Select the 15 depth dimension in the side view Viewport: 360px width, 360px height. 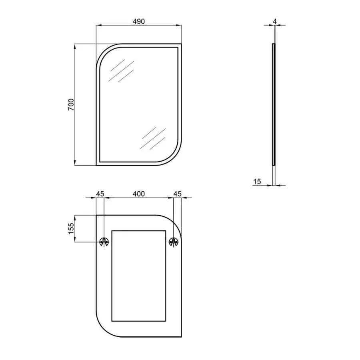257,182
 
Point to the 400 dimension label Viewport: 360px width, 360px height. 138,194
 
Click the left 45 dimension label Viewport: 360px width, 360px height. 100,194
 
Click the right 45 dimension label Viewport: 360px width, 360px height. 178,194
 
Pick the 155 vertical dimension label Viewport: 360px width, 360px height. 71,228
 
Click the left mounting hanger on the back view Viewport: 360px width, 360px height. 104,242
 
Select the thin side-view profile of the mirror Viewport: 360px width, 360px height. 274,104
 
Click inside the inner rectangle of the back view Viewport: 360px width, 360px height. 138,276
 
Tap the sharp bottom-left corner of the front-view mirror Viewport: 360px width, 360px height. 97,164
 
